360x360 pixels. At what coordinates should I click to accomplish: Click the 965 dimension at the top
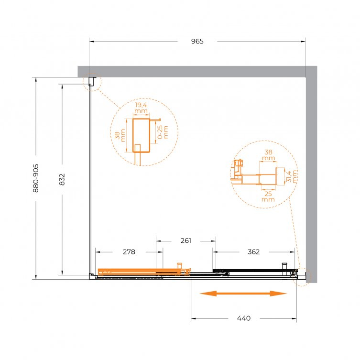click(197, 41)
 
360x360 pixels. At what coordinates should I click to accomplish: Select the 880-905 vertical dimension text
click(36, 178)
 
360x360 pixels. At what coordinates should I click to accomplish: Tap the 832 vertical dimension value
click(62, 179)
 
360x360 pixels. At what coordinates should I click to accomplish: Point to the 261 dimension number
click(186, 240)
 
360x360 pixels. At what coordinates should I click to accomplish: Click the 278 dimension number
click(129, 252)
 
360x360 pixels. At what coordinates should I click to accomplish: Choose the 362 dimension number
click(254, 252)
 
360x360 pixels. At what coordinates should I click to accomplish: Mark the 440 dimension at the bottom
click(244, 318)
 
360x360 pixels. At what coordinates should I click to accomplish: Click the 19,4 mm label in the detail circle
click(141, 108)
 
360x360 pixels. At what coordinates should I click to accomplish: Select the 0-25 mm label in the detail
click(163, 132)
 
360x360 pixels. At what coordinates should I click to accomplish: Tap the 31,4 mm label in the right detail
click(292, 176)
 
